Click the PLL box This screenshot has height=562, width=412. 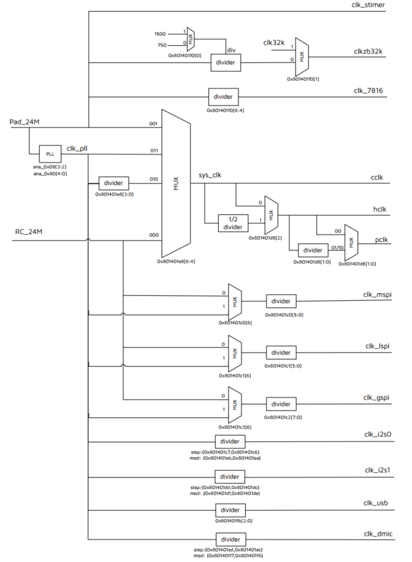tap(50, 154)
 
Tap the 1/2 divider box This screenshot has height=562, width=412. tap(234, 222)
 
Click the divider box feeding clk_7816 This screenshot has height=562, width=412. tap(224, 97)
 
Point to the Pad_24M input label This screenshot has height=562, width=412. tap(25, 122)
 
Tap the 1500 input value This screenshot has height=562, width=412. tap(161, 34)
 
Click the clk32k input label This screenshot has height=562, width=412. tap(275, 42)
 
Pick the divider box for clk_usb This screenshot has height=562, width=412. tap(230, 510)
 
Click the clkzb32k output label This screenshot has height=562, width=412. tap(368, 52)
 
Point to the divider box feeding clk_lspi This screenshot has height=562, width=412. tap(281, 352)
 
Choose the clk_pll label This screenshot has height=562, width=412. tap(78, 148)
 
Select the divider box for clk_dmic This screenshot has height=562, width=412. tap(230, 539)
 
